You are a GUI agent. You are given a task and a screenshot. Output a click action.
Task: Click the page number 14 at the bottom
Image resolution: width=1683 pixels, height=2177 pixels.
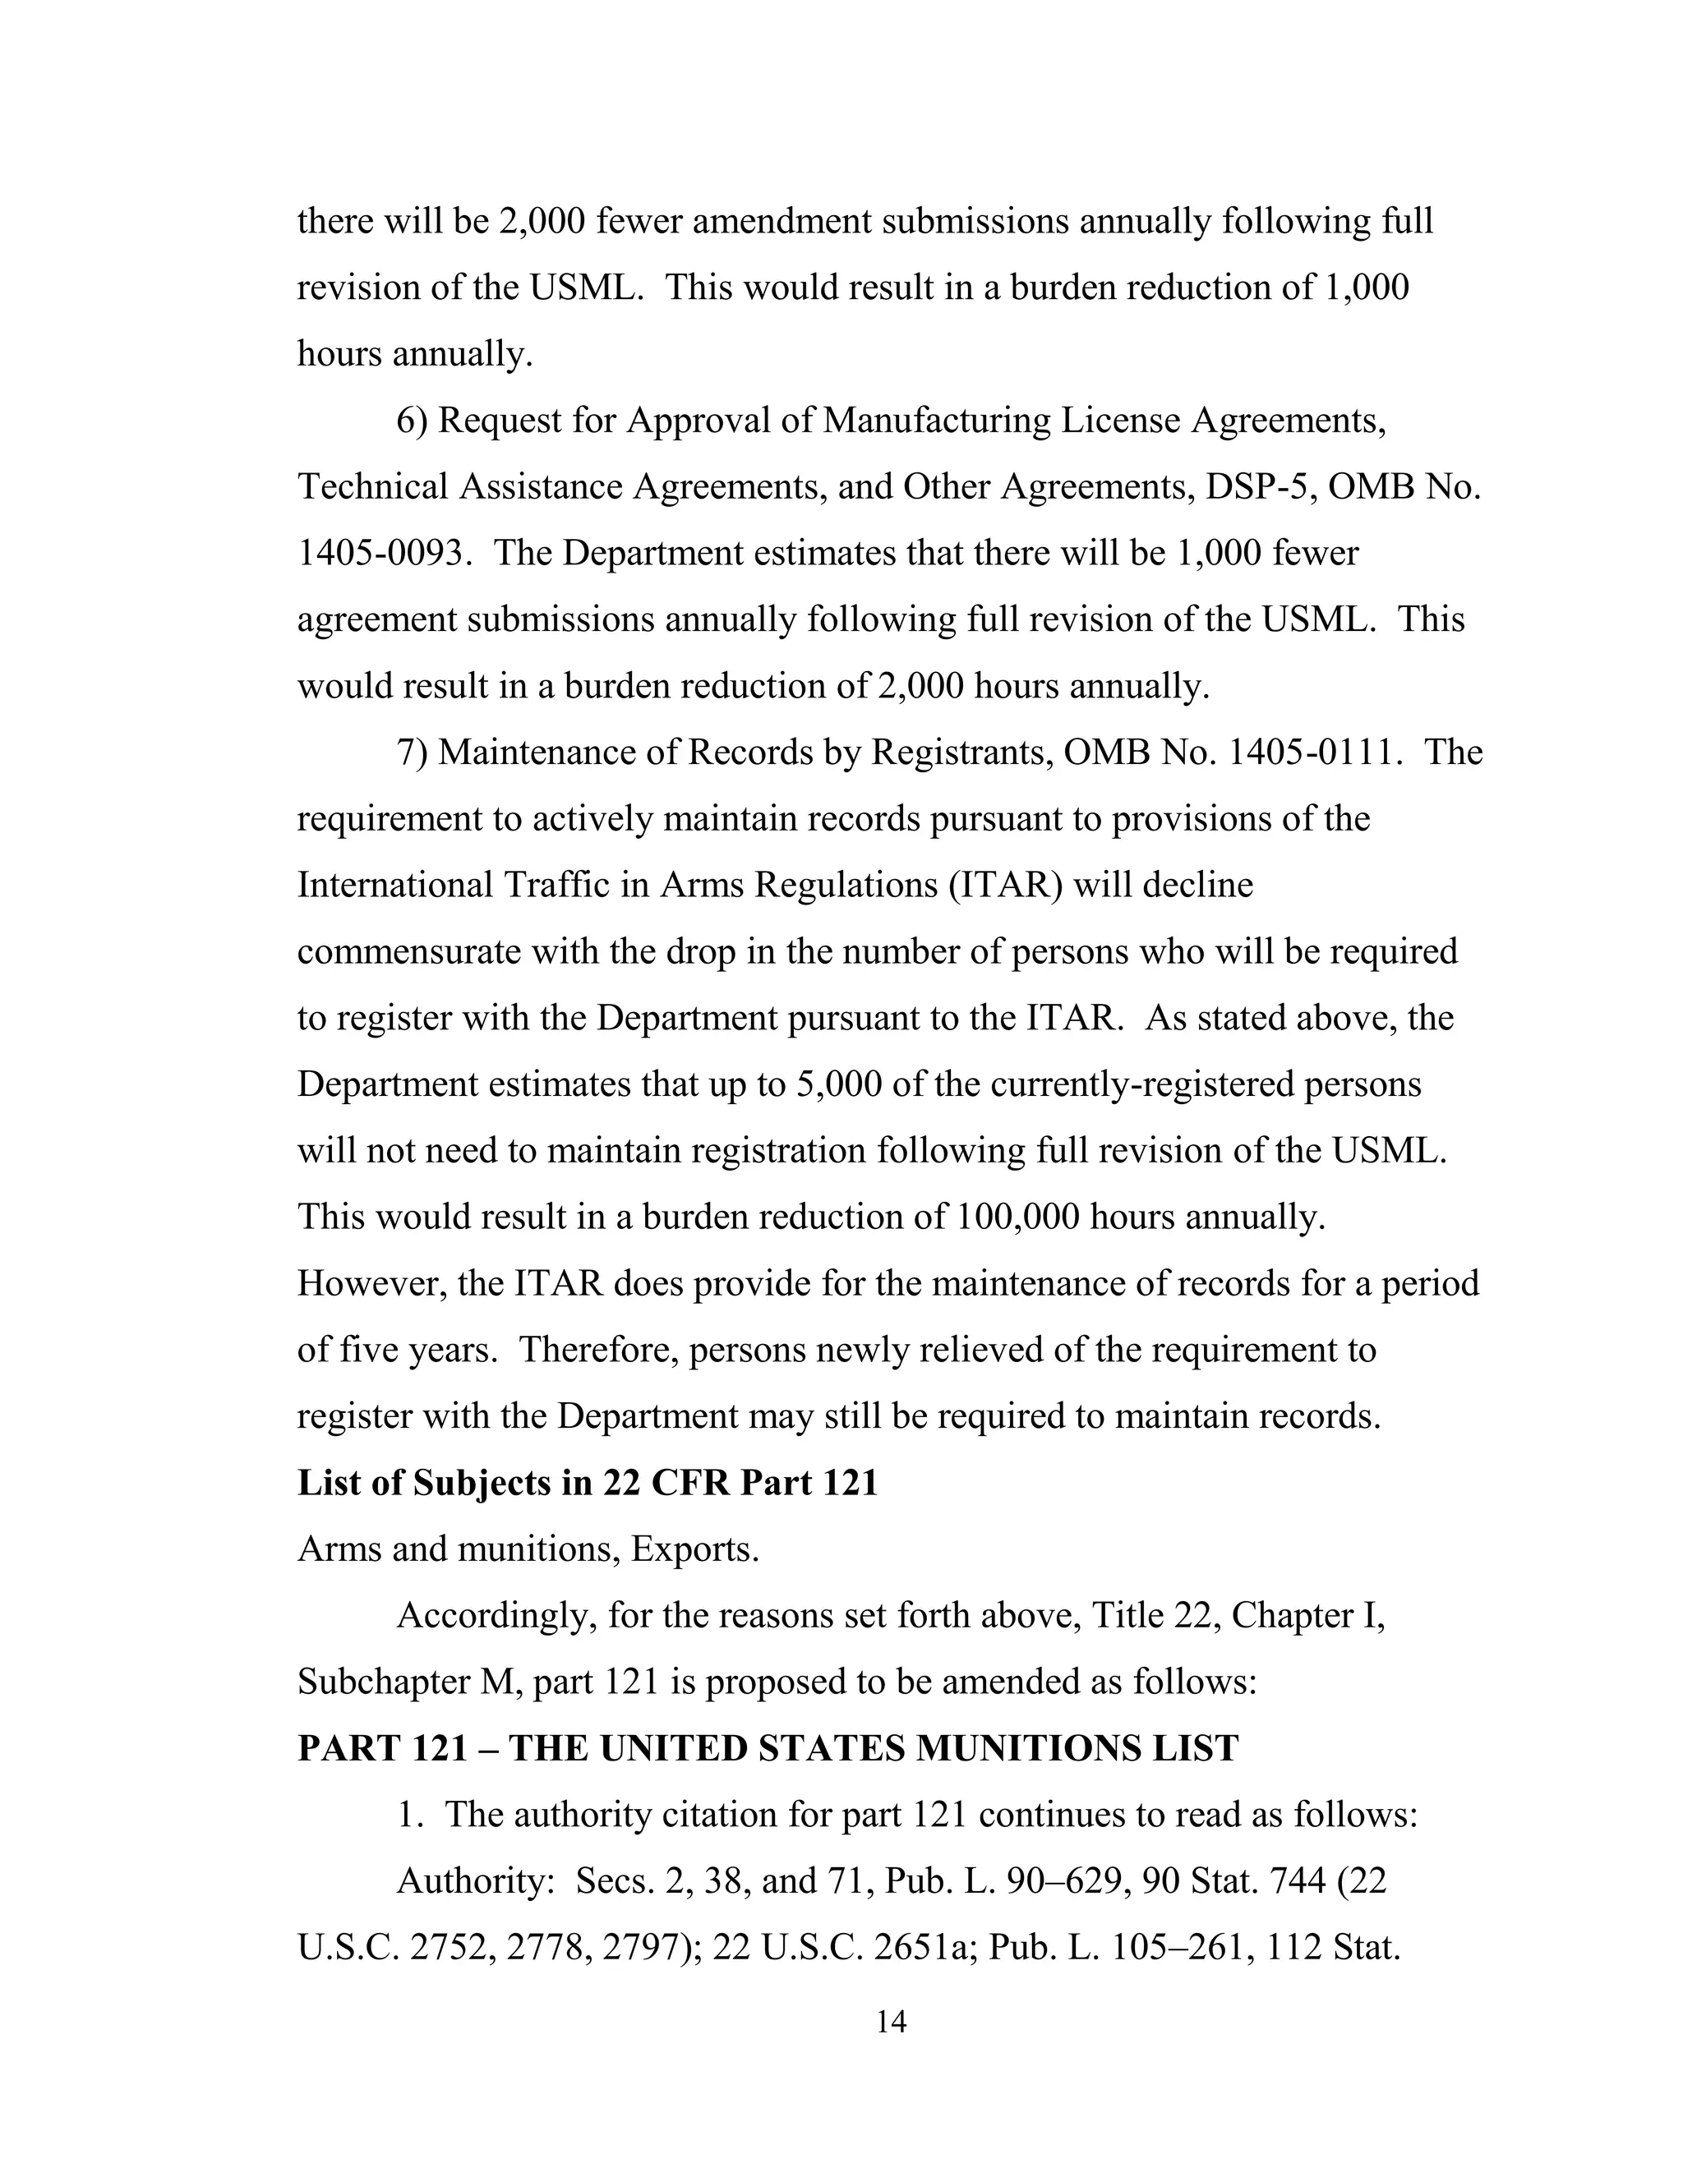coord(890,2022)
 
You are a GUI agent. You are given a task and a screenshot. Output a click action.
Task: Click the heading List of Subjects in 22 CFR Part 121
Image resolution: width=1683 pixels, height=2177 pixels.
coord(588,1483)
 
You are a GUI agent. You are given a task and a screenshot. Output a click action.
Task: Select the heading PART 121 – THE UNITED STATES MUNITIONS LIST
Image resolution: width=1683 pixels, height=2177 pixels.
coord(768,1748)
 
